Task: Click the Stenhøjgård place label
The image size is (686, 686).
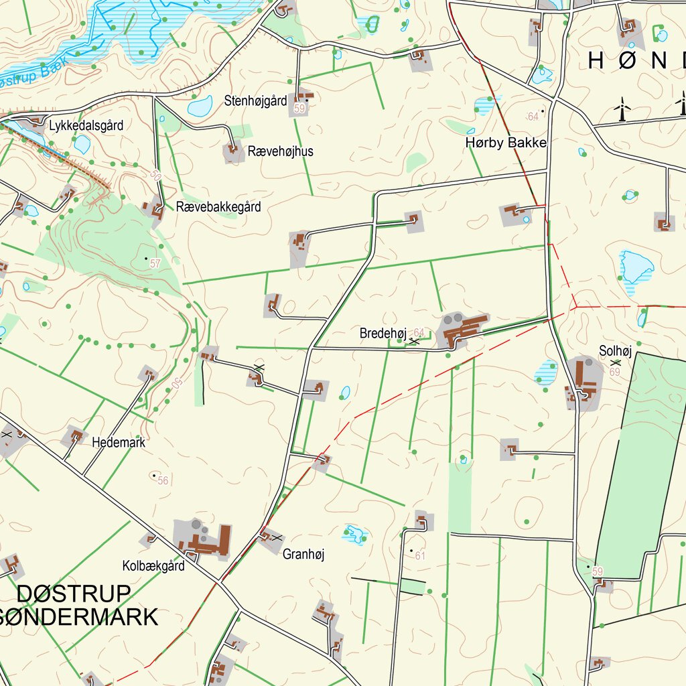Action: (256, 101)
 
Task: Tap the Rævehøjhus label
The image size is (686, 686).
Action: (280, 151)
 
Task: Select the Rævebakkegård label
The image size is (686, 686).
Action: (218, 207)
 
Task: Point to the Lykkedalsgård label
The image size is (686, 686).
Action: (86, 125)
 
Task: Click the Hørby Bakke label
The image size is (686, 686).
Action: (506, 143)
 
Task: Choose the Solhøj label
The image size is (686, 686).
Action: (615, 350)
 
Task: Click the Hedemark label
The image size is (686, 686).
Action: (119, 443)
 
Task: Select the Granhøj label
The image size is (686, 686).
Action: (303, 554)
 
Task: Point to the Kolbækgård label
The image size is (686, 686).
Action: (153, 566)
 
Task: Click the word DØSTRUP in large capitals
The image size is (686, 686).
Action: (74, 594)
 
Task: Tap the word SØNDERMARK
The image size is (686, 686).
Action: (79, 616)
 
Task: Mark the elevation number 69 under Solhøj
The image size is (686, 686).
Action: (616, 371)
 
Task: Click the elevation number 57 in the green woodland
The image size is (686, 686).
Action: (155, 264)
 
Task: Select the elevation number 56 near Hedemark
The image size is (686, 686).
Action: (163, 480)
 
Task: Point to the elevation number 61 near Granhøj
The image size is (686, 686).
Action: (420, 556)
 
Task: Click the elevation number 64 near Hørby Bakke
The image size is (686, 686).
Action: (533, 117)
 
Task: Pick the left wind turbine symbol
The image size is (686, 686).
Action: (623, 109)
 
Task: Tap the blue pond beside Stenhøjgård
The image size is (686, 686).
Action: (200, 106)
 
